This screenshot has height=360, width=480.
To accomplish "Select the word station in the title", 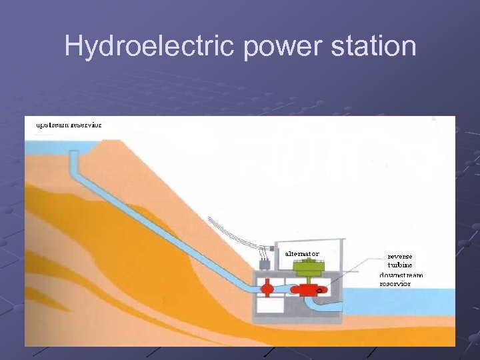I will [377, 47].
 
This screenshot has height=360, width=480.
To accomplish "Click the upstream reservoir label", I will [64, 125].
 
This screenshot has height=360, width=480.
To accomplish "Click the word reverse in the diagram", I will [400, 256].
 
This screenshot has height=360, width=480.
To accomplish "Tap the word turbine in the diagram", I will [400, 265].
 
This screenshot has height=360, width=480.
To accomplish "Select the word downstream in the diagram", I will [401, 275].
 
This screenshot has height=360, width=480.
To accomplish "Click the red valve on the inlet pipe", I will [266, 289].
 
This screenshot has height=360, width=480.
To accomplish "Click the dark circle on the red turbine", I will [321, 290].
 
